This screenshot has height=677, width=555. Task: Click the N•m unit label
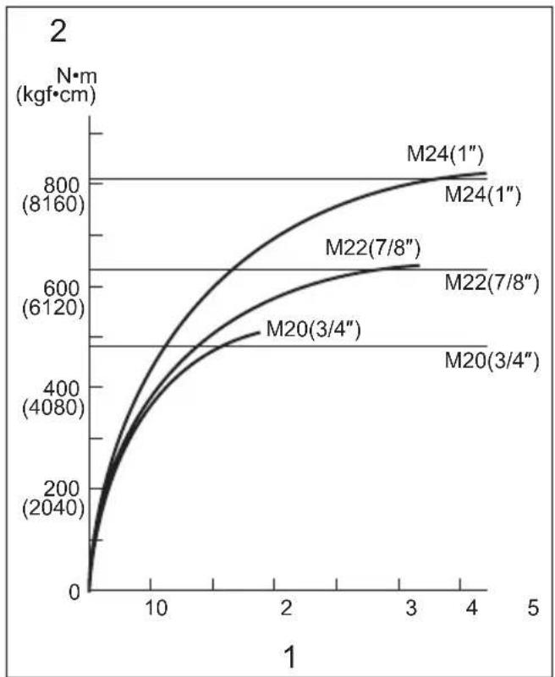click(x=77, y=76)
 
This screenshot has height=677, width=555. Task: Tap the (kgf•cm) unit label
click(x=56, y=95)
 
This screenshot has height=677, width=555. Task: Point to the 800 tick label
click(x=62, y=186)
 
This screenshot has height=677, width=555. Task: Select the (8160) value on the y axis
click(x=53, y=205)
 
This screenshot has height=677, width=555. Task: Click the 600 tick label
click(x=62, y=288)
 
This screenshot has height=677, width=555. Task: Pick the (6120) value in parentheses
click(x=53, y=307)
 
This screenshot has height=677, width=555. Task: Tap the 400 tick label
click(x=62, y=389)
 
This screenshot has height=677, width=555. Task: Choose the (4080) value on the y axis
click(x=53, y=407)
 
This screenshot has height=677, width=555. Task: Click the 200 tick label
click(x=62, y=489)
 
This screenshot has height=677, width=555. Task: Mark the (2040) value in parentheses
click(x=53, y=508)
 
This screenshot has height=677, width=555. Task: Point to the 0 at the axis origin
click(x=74, y=592)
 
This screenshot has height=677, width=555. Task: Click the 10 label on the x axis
click(x=156, y=608)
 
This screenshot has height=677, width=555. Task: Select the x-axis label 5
click(x=533, y=608)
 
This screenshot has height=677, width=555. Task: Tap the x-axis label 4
click(x=472, y=608)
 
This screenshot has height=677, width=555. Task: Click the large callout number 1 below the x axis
click(x=290, y=658)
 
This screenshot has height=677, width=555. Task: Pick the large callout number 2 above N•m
click(x=58, y=31)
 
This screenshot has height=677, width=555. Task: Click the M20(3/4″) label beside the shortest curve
click(x=313, y=330)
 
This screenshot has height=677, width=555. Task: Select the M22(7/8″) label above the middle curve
click(x=373, y=248)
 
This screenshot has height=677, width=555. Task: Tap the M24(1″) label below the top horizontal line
click(x=483, y=194)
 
